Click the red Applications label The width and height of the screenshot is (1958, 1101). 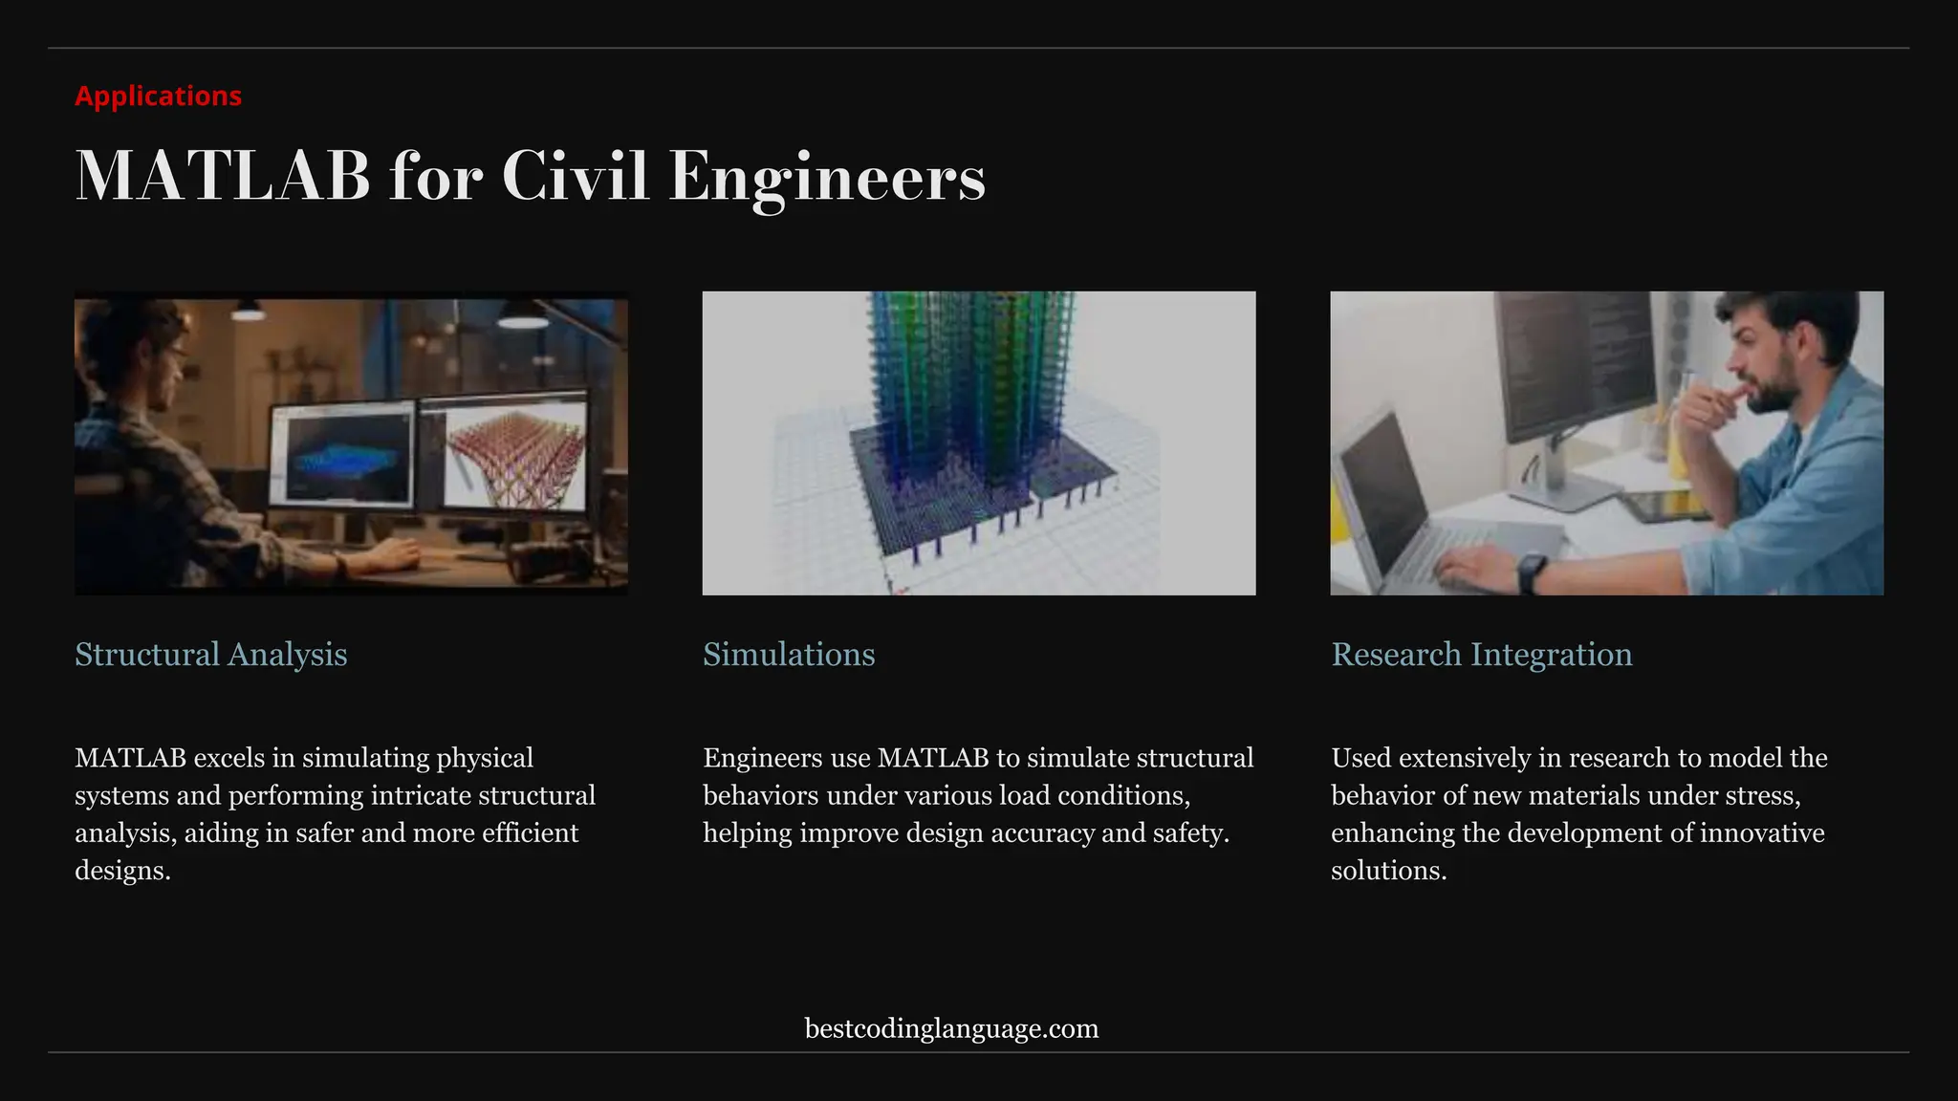[158, 96]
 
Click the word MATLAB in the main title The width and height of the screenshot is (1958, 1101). [222, 177]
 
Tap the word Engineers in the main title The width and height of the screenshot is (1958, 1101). [826, 177]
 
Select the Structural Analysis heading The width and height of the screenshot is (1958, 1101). [210, 655]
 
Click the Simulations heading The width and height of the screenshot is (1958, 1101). [789, 655]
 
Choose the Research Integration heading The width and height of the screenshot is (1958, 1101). [1481, 655]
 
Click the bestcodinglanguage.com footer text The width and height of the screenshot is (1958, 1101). [951, 1028]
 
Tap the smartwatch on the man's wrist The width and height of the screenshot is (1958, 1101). [1531, 572]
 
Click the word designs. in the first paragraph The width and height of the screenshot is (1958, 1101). [122, 871]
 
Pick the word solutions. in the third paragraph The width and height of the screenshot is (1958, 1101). [1388, 871]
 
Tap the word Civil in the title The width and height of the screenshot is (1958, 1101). [576, 177]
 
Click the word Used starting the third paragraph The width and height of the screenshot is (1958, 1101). [1361, 758]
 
